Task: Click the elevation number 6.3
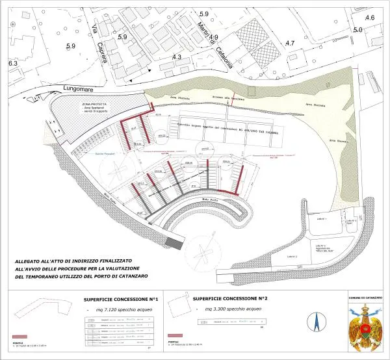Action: (x=12, y=64)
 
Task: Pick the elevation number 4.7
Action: (x=290, y=43)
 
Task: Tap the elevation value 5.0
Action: (x=357, y=30)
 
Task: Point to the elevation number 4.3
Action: (x=176, y=57)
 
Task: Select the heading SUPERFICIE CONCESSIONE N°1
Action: (x=121, y=300)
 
